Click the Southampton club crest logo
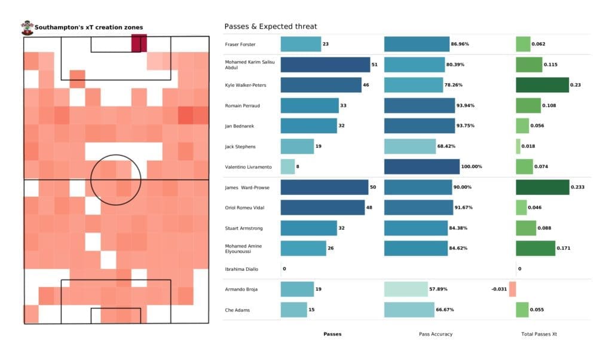[27, 27]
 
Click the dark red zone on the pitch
[139, 44]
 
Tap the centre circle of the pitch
[116, 179]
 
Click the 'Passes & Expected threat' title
[270, 26]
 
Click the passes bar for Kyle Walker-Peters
[321, 85]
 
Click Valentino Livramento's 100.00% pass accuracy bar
[422, 166]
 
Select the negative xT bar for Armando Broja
[512, 289]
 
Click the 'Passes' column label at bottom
[332, 334]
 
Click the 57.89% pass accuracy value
[437, 289]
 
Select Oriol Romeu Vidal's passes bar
[322, 208]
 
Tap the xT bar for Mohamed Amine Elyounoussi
[535, 248]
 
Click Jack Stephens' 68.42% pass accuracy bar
[410, 146]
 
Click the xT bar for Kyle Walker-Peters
[542, 85]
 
